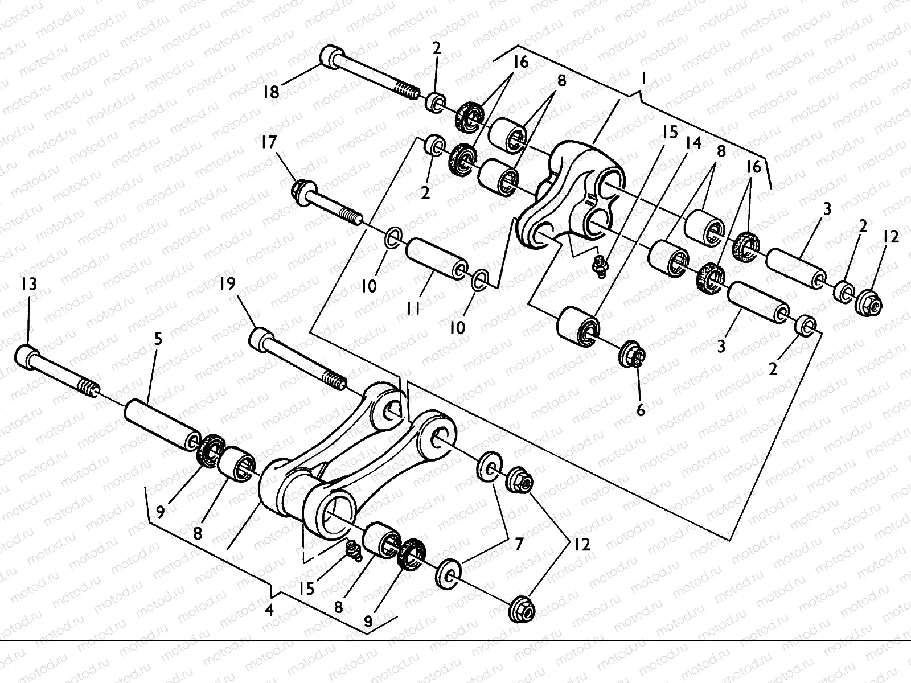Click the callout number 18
tap(271, 91)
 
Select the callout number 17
tap(269, 142)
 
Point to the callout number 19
tap(227, 284)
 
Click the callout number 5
tap(158, 340)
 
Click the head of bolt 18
tap(332, 56)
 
